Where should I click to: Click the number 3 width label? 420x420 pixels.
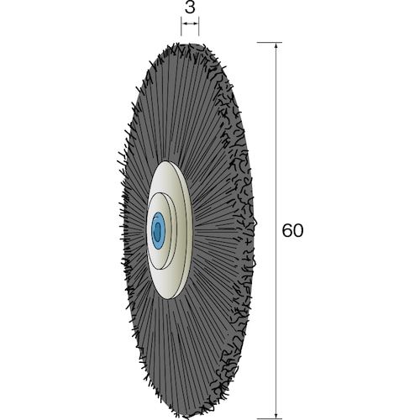pos(190,8)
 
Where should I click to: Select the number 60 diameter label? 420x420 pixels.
pos(292,230)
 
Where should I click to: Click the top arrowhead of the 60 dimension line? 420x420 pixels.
pos(276,45)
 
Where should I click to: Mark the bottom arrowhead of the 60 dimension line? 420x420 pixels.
pos(276,415)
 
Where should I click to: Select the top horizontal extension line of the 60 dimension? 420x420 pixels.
pos(270,43)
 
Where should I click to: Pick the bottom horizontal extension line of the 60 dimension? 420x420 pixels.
pos(270,419)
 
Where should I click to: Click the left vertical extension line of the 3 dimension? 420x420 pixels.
pos(181,26)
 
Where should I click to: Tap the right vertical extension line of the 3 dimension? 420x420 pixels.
pos(198,26)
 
